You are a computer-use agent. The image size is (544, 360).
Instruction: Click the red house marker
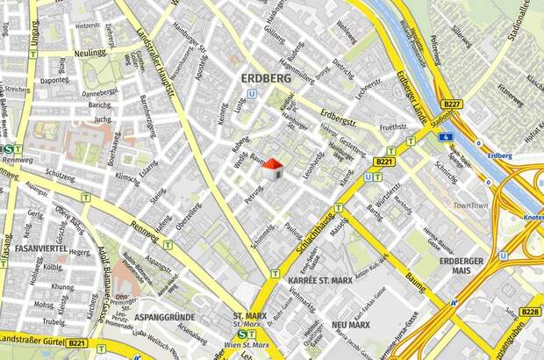273,168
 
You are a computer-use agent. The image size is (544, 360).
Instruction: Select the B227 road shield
452,104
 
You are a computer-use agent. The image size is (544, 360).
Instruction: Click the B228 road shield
529,312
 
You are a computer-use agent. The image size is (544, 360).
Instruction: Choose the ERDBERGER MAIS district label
461,266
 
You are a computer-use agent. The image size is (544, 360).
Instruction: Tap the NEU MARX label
351,325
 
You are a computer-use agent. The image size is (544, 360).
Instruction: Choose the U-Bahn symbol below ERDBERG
252,93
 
